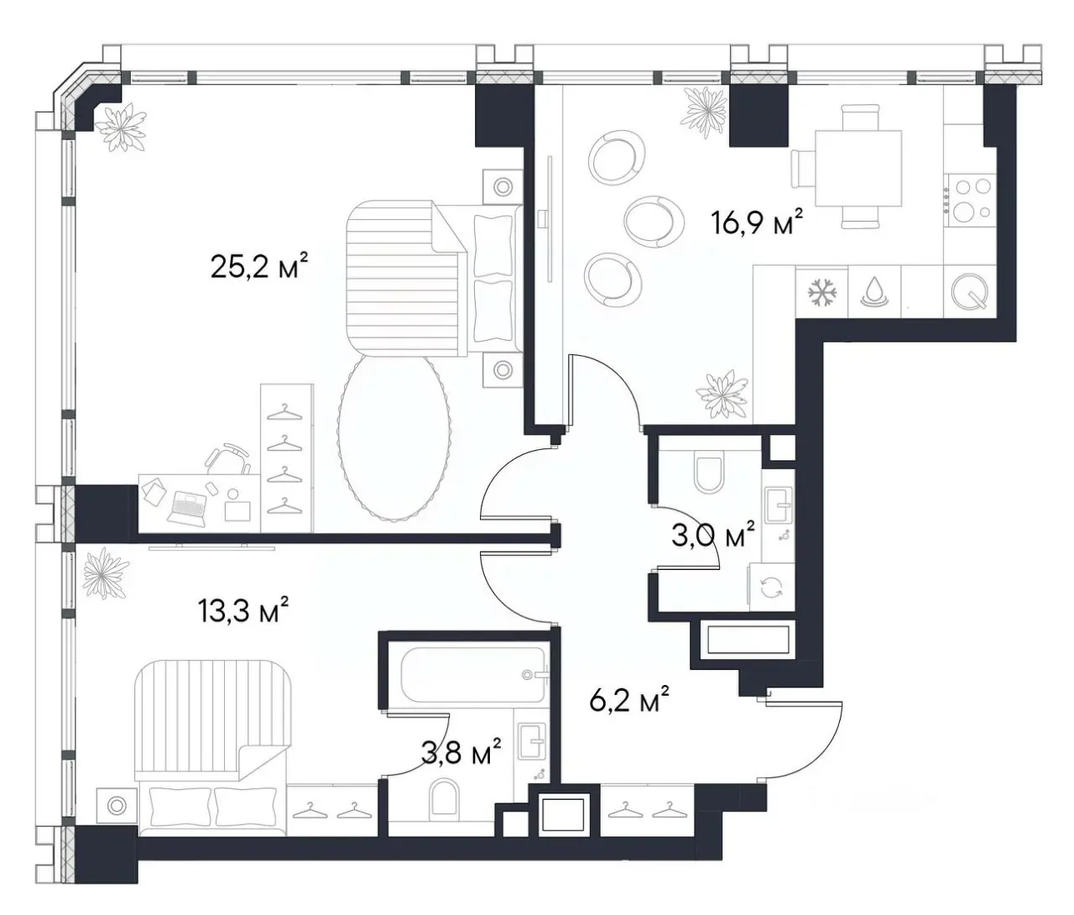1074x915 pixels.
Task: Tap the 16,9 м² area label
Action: click(758, 222)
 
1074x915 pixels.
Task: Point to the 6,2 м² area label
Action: click(629, 699)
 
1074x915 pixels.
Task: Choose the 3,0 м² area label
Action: click(713, 534)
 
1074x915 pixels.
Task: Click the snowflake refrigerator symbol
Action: click(822, 293)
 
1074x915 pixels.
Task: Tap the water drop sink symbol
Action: click(874, 291)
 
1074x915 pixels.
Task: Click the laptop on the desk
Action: click(187, 505)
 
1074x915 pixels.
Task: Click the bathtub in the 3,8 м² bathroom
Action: click(474, 674)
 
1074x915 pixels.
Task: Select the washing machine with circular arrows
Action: click(772, 588)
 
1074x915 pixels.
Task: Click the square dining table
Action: click(858, 169)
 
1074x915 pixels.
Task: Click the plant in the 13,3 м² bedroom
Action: click(106, 572)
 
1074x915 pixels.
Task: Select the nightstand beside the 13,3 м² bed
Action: click(117, 805)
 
